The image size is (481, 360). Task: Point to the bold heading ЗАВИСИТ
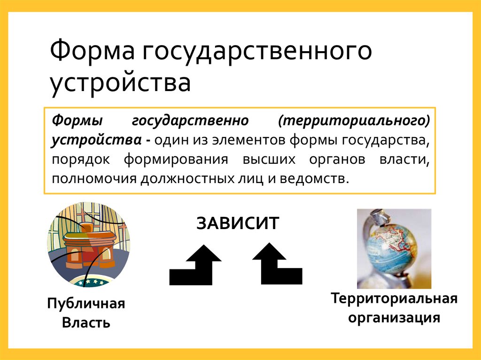click(238, 223)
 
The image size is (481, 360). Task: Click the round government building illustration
click(88, 244)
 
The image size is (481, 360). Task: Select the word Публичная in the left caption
click(86, 304)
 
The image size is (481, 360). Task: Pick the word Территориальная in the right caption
click(394, 299)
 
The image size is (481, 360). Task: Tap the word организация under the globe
click(394, 318)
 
